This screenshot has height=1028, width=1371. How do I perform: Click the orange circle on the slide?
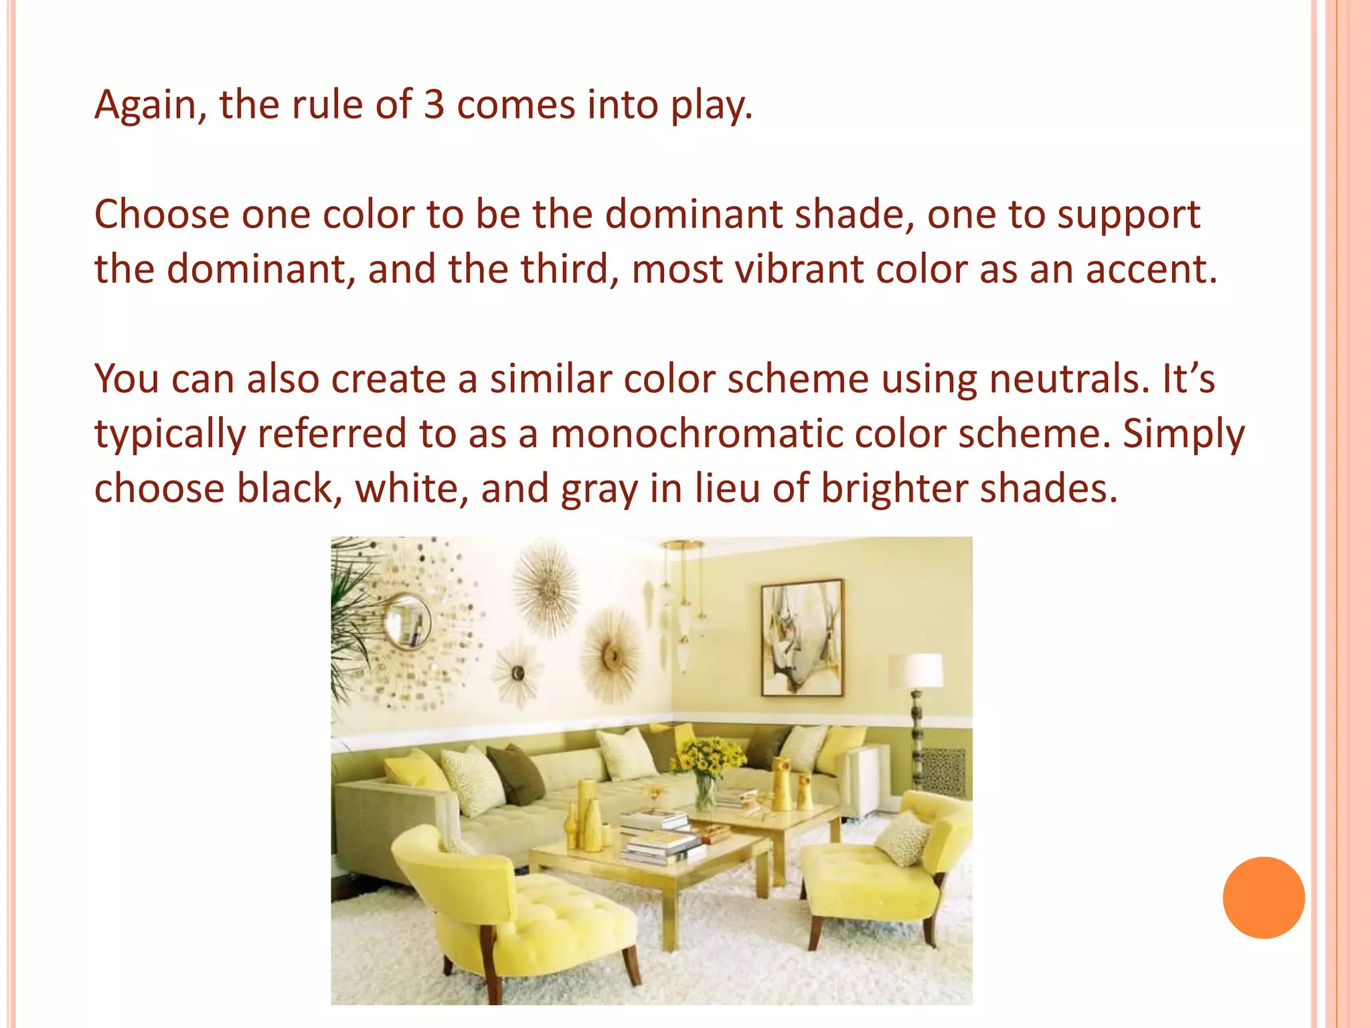1263,897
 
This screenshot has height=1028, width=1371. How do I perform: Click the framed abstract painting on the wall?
802,638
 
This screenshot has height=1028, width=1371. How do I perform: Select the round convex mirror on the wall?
408,622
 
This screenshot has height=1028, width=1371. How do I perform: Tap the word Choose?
162,215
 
